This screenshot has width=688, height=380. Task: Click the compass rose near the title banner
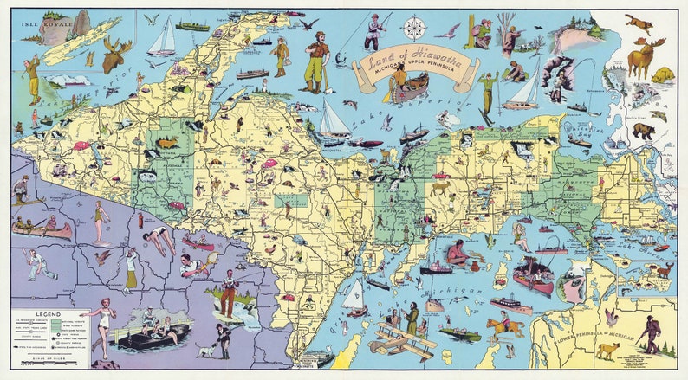point(414,28)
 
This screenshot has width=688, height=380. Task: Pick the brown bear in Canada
point(642,131)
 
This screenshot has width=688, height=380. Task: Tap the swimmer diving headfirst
point(159,240)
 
